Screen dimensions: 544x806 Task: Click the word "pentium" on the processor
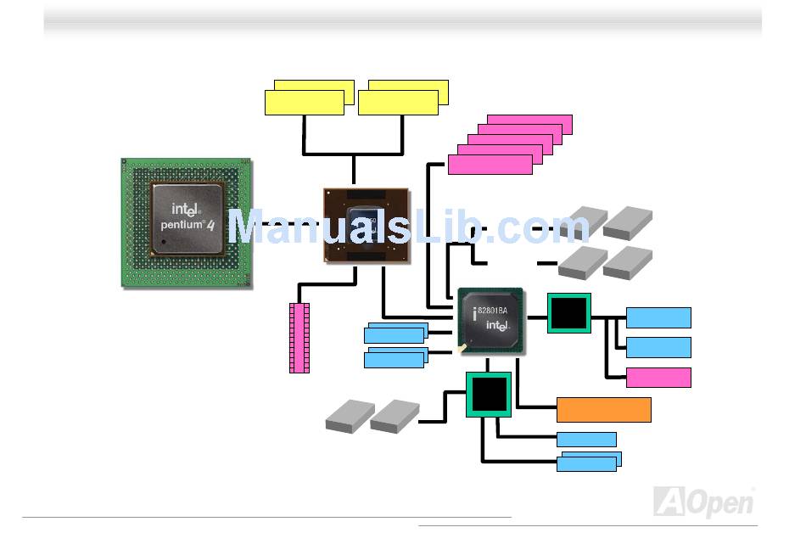tap(181, 226)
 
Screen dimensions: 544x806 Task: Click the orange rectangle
tap(603, 409)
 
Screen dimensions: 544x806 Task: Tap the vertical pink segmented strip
tap(299, 337)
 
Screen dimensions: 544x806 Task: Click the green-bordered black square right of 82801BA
tap(568, 312)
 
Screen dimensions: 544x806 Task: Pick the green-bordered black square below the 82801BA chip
tap(488, 394)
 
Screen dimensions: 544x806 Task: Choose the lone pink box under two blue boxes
tap(658, 378)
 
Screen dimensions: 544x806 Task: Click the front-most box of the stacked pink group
tap(490, 165)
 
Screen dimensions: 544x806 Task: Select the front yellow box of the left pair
tap(304, 103)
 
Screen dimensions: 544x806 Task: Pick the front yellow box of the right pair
tap(398, 103)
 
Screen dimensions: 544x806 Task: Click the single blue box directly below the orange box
tap(586, 439)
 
